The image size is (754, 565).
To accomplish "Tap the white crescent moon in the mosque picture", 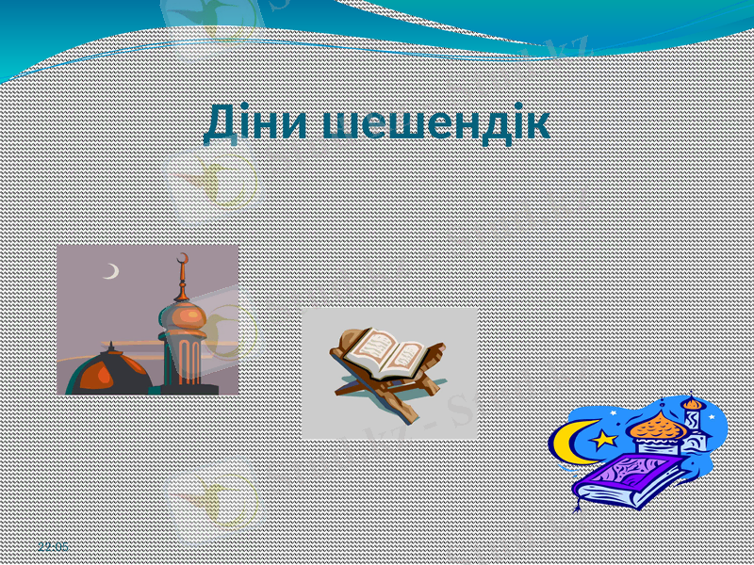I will point(112,271).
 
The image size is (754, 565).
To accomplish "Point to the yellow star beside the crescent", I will point(603,438).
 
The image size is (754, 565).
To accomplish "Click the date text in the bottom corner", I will point(53,546).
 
